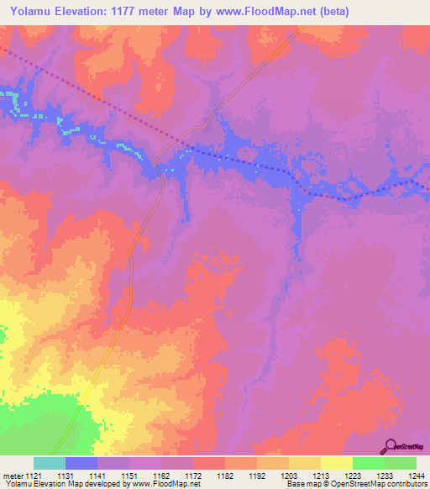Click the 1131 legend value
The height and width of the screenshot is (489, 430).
[x=66, y=476]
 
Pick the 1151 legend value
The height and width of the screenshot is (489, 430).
[x=128, y=476]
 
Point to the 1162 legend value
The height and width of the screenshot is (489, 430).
[x=161, y=476]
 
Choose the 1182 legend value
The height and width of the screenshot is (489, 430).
[x=225, y=476]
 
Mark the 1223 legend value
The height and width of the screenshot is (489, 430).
[x=353, y=476]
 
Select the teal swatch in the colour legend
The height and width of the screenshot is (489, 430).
[x=50, y=463]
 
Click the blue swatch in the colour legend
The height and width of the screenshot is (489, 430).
[x=81, y=463]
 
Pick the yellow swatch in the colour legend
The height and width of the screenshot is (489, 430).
[x=337, y=463]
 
